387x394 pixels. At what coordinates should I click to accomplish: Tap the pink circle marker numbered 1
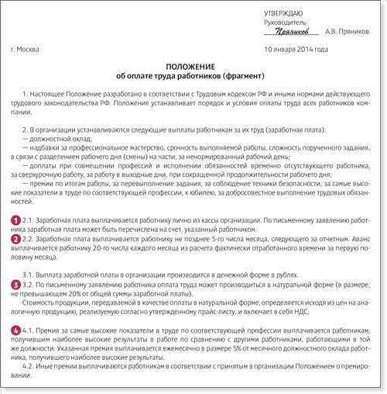tap(15, 220)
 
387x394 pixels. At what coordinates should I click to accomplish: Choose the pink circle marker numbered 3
tap(15, 285)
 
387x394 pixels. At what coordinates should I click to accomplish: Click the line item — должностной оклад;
tap(53, 137)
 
